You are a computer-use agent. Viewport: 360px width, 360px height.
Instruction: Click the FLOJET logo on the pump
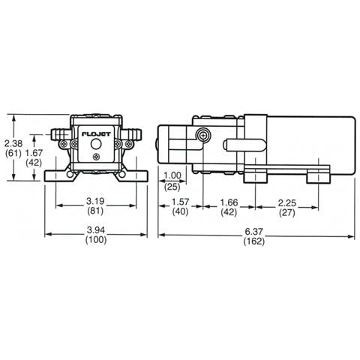click(96, 134)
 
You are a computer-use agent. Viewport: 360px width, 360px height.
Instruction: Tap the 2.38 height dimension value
click(13, 143)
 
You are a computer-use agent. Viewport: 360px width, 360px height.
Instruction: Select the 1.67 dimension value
click(34, 153)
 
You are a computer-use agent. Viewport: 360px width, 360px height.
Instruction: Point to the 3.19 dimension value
click(95, 201)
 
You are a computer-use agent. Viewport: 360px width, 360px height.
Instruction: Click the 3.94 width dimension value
click(96, 229)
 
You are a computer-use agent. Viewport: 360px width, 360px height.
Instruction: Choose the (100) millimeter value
click(96, 240)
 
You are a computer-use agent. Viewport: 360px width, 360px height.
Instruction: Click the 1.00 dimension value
click(172, 175)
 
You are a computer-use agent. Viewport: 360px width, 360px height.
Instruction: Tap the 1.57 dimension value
click(180, 202)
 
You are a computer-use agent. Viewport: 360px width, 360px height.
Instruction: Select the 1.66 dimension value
click(229, 202)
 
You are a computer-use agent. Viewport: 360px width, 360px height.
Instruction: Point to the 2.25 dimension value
click(287, 202)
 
